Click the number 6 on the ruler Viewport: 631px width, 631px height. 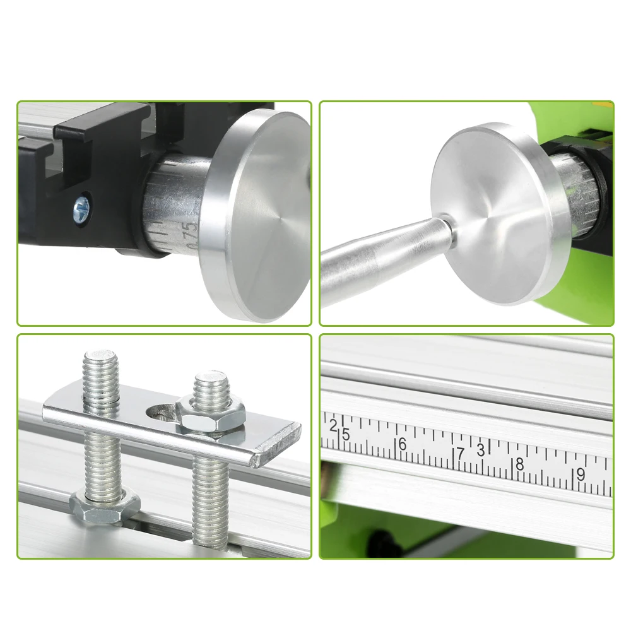click(402, 444)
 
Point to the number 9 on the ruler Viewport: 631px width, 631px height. click(580, 475)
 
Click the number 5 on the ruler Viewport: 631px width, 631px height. click(345, 434)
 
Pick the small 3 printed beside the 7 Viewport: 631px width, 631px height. click(481, 449)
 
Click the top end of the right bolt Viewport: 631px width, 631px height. click(210, 381)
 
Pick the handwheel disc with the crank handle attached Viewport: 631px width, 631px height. click(492, 215)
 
